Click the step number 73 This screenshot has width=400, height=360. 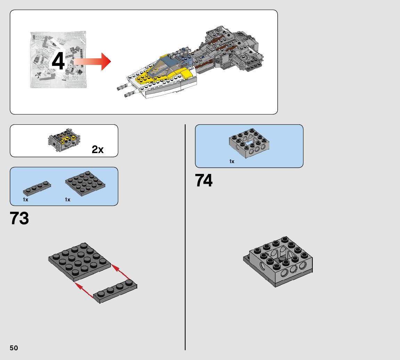click(x=19, y=218)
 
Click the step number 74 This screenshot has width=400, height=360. click(x=204, y=181)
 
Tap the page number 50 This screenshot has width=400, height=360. click(x=14, y=348)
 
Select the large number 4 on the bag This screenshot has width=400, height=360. click(x=58, y=62)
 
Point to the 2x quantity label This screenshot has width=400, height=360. click(x=98, y=150)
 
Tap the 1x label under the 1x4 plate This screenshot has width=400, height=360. click(x=26, y=200)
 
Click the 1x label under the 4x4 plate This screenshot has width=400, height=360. click(x=67, y=200)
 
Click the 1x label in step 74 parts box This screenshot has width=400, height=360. click(x=232, y=161)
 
